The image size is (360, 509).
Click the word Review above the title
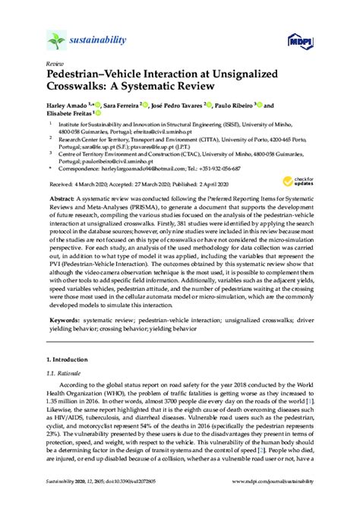pos(55,65)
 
